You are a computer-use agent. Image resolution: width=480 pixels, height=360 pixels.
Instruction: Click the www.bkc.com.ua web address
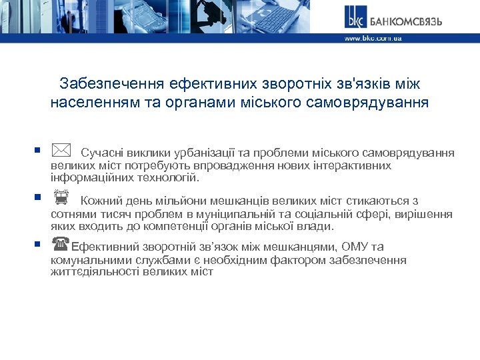point(373,39)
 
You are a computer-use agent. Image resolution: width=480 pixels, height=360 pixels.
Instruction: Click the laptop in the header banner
point(293,17)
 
